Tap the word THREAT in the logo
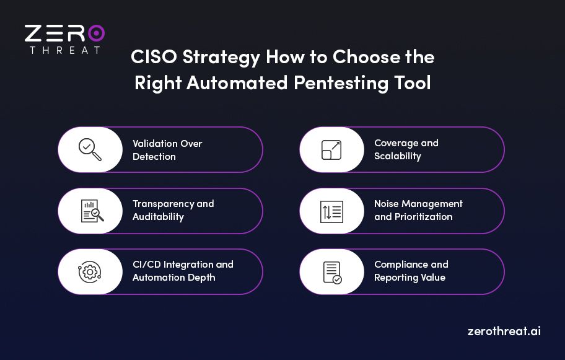tap(64, 50)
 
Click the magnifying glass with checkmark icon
tap(90, 150)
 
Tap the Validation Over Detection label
tap(167, 150)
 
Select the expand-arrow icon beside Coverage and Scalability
tap(331, 150)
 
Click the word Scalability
tap(397, 156)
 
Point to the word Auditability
tap(158, 217)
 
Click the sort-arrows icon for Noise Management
tap(331, 211)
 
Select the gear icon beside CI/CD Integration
tap(90, 271)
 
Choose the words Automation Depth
tap(174, 278)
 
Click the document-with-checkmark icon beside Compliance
tap(332, 271)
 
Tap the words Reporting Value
tap(410, 278)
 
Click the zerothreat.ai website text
tap(504, 331)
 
